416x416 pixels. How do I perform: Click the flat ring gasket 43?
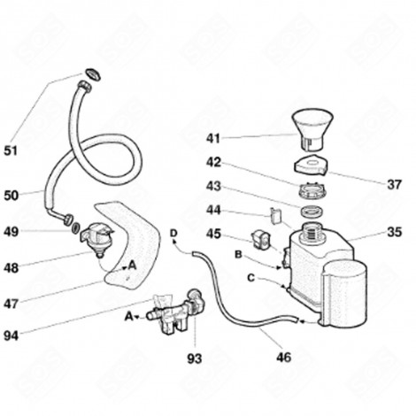tap(311, 212)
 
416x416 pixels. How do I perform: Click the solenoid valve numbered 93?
tap(177, 311)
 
